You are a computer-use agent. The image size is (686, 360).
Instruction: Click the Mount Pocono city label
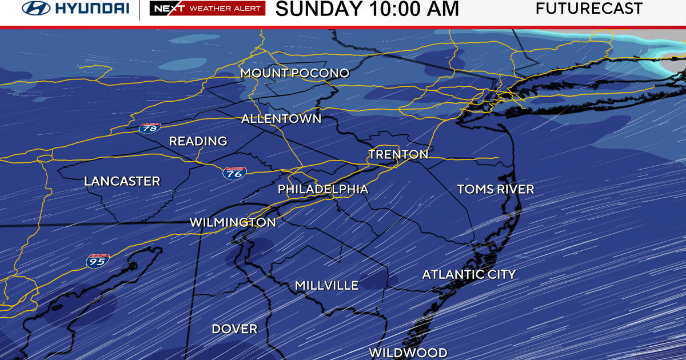294,73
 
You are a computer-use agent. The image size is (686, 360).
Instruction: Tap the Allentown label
281,119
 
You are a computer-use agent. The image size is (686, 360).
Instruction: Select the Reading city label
198,141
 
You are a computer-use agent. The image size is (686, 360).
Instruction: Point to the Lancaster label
122,181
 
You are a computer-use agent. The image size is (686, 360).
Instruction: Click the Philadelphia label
323,189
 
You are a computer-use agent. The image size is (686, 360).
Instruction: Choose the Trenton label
398,154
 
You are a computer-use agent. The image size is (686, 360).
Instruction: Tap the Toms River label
496,189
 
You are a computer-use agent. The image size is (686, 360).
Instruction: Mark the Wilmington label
233,222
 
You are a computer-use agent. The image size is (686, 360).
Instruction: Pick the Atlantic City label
469,275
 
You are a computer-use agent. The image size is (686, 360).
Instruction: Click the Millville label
326,285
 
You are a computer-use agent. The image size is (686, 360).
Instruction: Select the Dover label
234,329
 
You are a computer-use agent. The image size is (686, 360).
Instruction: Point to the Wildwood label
408,353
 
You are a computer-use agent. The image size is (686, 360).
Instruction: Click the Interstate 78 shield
150,129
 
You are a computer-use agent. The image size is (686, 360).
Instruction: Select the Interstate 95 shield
96,261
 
